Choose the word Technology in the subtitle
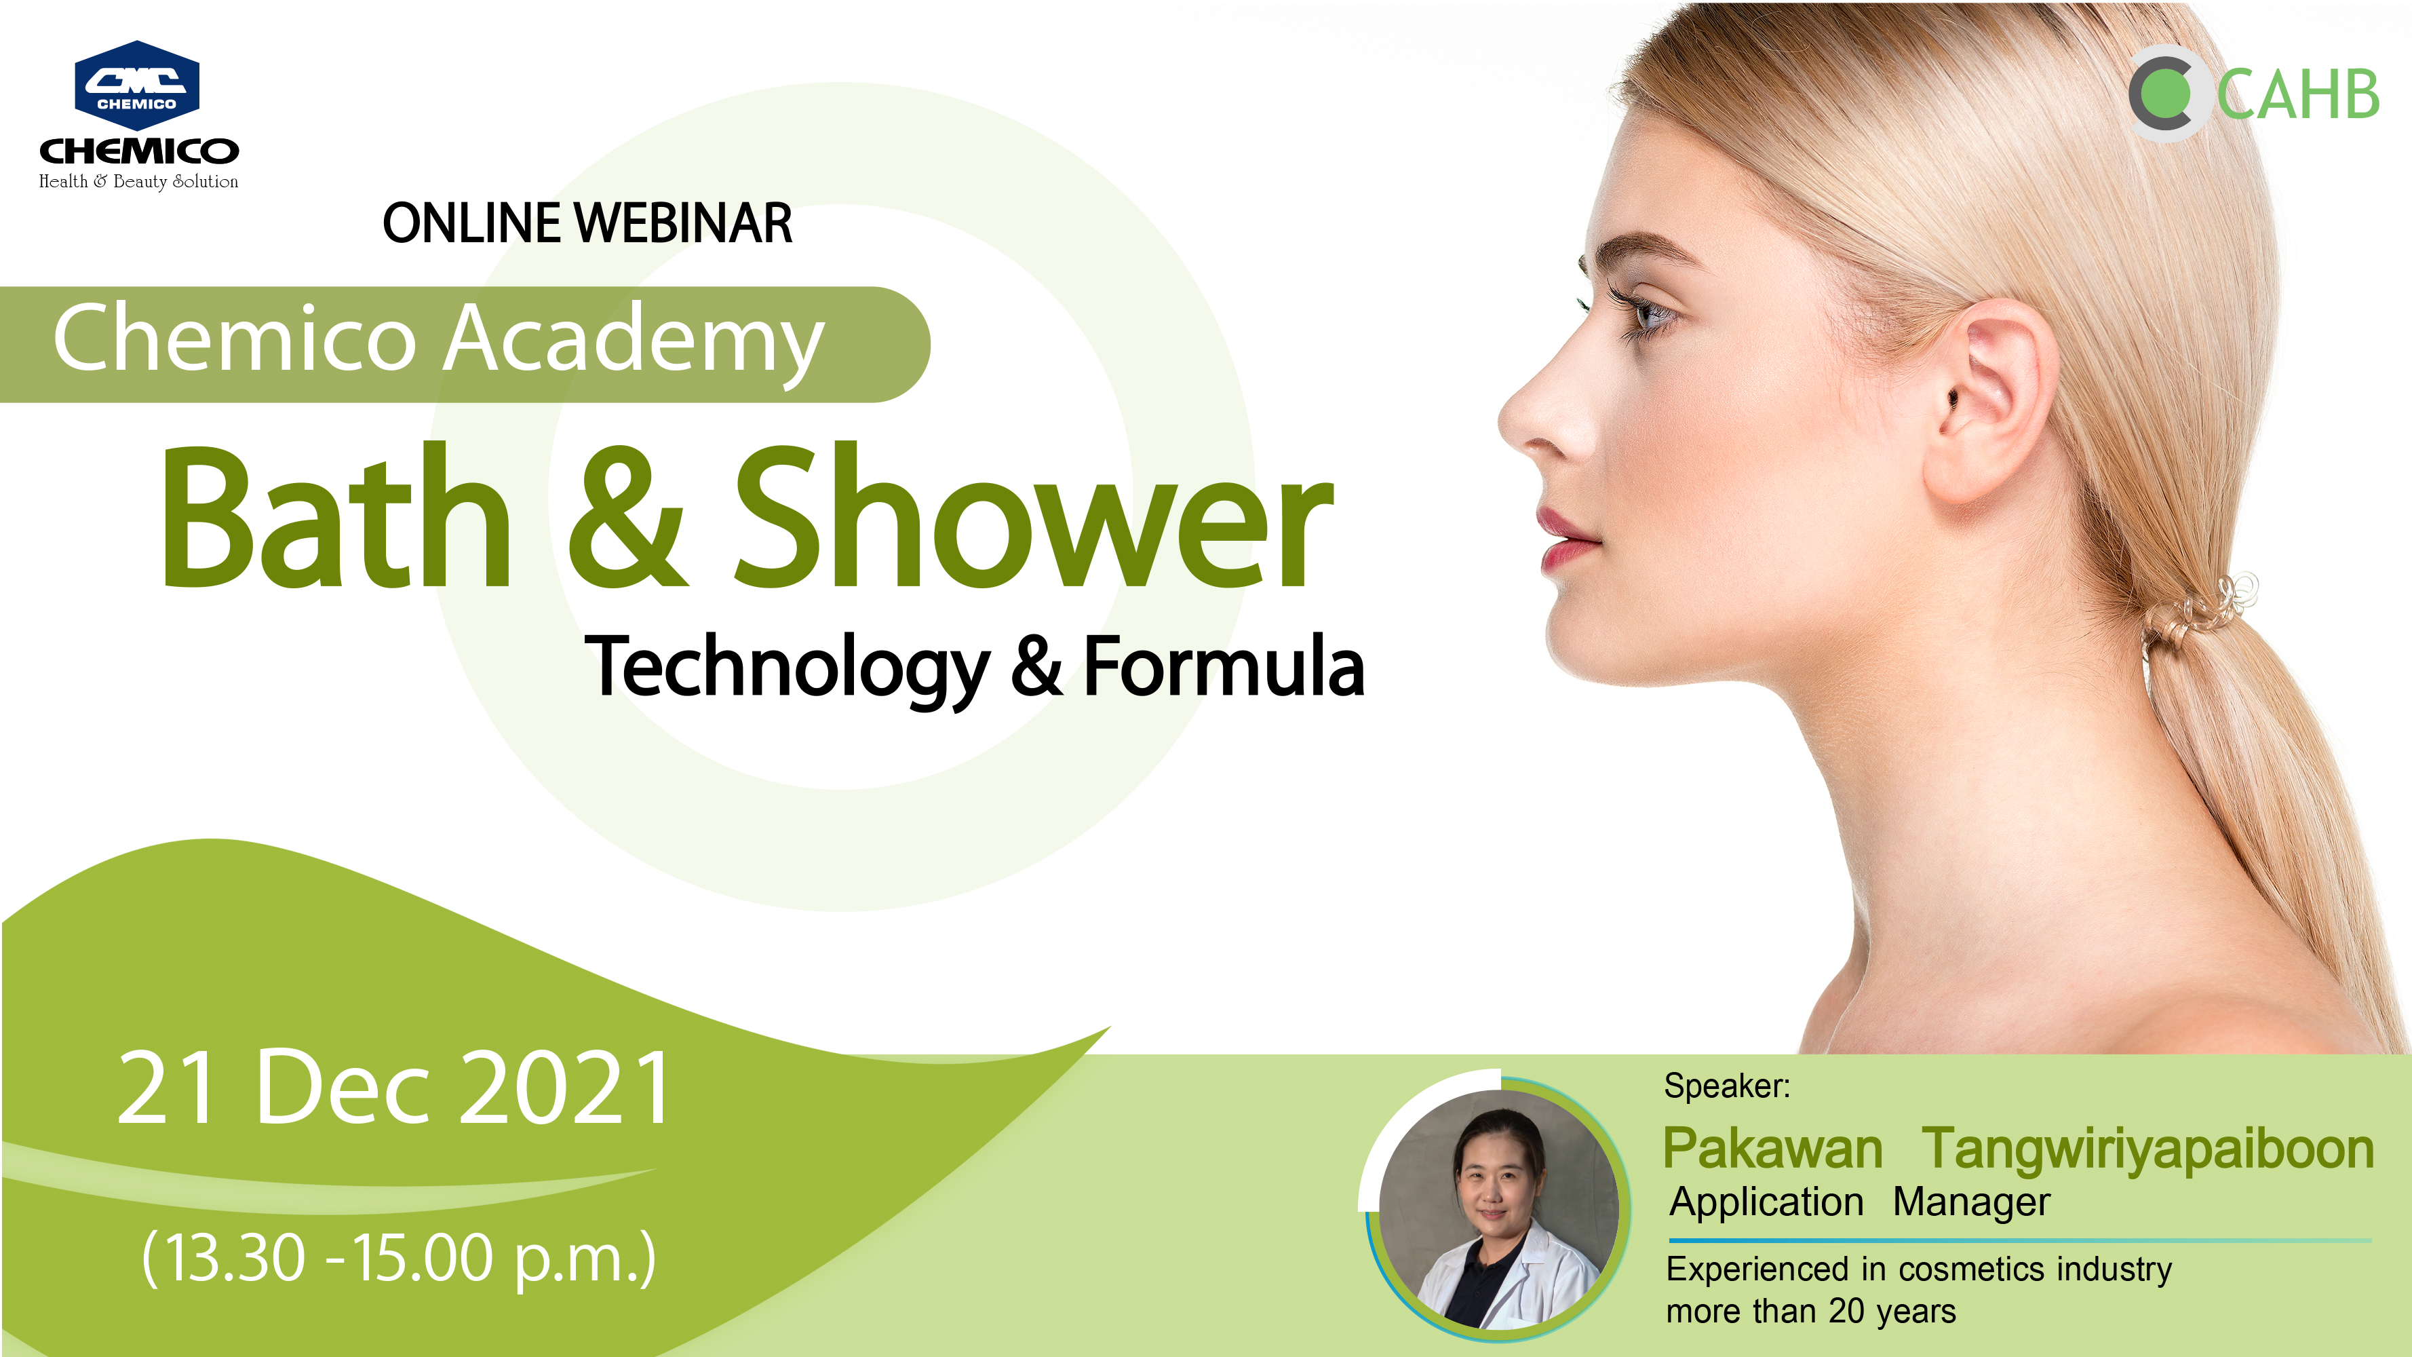787,667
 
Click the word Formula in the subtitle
1224,665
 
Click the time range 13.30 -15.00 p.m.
399,1258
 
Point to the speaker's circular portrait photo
1498,1208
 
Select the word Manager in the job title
1971,1202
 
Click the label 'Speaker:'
1727,1086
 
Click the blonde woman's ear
1994,403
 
